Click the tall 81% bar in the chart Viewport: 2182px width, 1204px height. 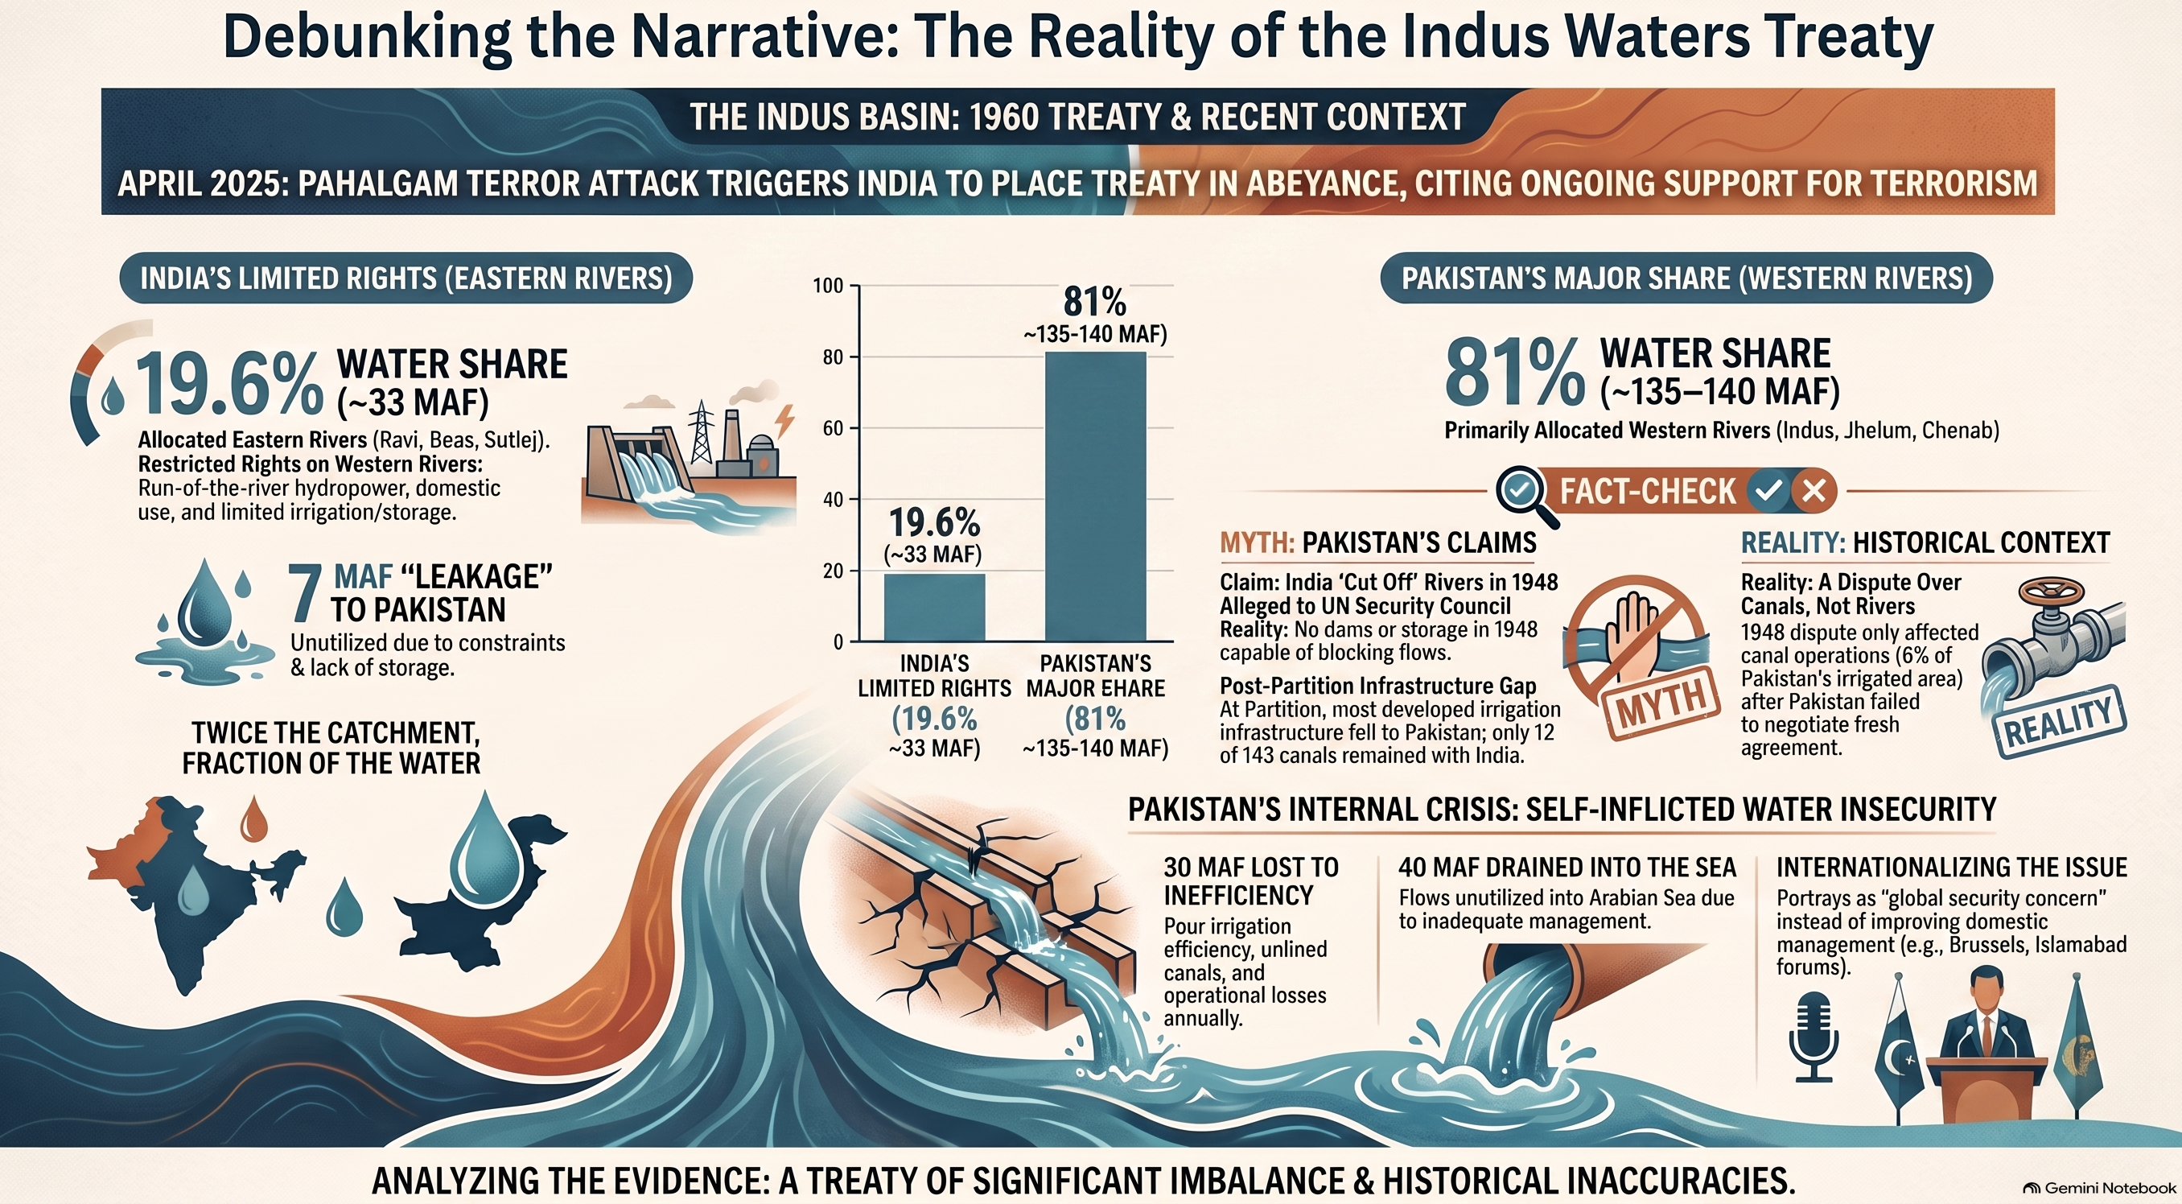pos(1095,496)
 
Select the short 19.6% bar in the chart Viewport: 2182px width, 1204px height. pos(934,607)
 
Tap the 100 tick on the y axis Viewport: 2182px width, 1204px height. pos(829,286)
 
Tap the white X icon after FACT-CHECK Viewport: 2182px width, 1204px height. pos(1814,491)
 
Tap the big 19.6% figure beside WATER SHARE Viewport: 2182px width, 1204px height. pos(228,384)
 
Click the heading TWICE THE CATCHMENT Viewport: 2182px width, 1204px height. pos(336,732)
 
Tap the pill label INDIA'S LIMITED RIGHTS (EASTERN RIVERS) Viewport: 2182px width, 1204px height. pos(406,278)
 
